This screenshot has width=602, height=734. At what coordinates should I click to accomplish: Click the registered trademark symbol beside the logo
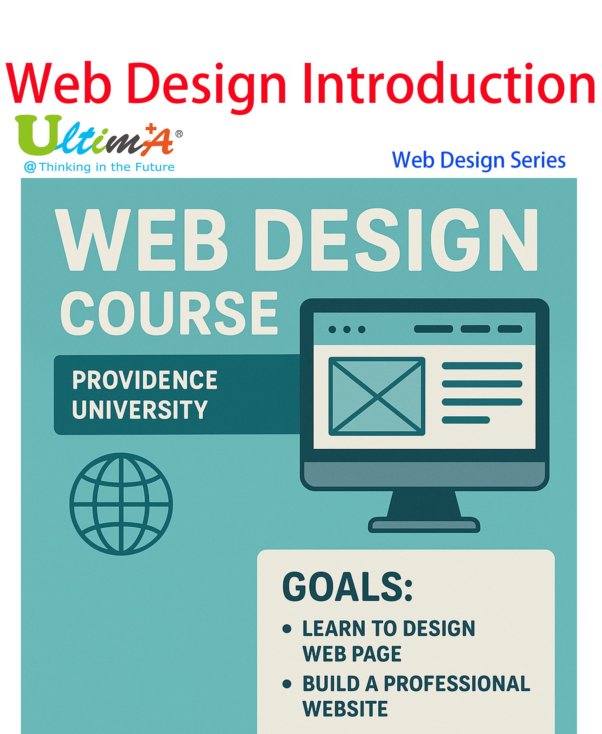point(179,134)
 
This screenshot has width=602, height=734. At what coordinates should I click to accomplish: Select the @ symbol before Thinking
point(30,167)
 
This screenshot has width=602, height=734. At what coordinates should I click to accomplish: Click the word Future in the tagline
point(155,167)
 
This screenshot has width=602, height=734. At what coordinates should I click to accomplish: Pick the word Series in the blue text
point(538,160)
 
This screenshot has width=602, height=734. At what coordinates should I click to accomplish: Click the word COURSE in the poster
point(169,313)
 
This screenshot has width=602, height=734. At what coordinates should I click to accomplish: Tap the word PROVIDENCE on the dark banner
point(145,380)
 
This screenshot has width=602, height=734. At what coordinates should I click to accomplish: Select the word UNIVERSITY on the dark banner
point(140,409)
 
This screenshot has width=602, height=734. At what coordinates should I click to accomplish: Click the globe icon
point(121,504)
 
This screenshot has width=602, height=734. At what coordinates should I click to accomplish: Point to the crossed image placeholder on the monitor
point(377,396)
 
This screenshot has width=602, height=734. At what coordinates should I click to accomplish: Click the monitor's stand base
point(424,525)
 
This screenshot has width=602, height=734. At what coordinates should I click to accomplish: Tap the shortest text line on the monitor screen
point(466,420)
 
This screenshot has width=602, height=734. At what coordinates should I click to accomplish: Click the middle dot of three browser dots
point(347,329)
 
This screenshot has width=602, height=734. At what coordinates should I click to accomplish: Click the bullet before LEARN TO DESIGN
point(287,629)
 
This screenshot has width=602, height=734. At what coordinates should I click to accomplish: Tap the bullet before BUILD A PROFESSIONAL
point(287,684)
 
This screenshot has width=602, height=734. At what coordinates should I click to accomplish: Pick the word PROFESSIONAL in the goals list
point(457,684)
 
